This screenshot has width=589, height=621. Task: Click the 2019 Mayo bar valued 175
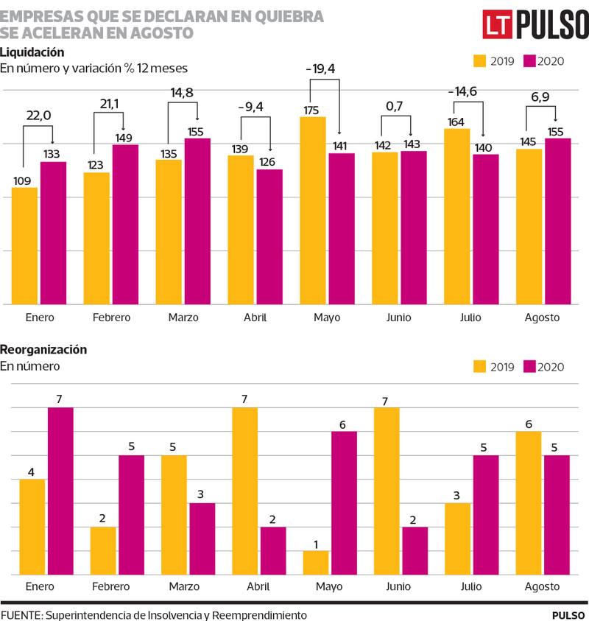tap(312, 210)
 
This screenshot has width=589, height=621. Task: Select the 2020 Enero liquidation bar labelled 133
tap(53, 232)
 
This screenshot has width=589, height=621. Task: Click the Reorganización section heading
tap(43, 349)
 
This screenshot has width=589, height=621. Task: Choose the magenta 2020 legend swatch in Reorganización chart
tap(529, 367)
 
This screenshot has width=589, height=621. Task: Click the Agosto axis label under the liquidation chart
tap(543, 317)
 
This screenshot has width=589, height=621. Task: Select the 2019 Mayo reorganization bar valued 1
tap(316, 563)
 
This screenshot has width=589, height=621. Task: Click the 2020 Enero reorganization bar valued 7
tap(60, 491)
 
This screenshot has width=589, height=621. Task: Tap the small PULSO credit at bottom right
tap(569, 614)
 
